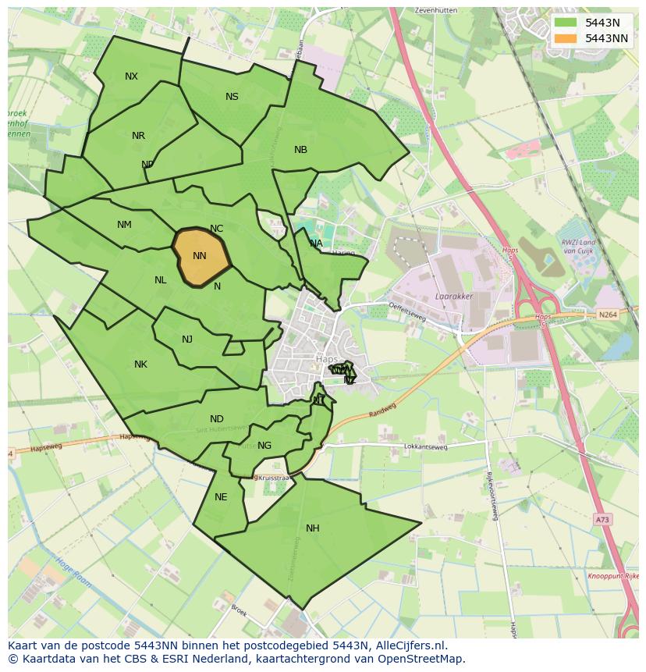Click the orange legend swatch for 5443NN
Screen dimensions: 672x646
coord(566,38)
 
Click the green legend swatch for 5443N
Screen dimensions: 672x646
coord(566,23)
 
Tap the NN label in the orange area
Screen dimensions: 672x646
coord(199,256)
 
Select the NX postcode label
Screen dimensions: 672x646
coord(131,76)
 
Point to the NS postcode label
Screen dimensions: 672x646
coord(232,97)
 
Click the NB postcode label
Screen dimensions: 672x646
coord(300,150)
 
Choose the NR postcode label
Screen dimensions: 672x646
coord(138,136)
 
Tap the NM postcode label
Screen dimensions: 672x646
coord(124,225)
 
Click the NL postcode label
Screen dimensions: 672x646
coord(160,280)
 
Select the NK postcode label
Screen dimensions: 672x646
coord(140,364)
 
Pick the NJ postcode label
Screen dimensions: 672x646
coord(187,340)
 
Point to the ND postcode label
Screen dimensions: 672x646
coord(217,419)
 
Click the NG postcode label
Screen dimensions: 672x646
coord(264,446)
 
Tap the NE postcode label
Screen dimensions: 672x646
coord(221,497)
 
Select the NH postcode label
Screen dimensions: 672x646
coord(313,528)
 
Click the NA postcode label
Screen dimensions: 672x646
coord(316,244)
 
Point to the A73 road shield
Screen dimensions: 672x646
coord(601,517)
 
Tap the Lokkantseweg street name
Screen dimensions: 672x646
coord(426,447)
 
